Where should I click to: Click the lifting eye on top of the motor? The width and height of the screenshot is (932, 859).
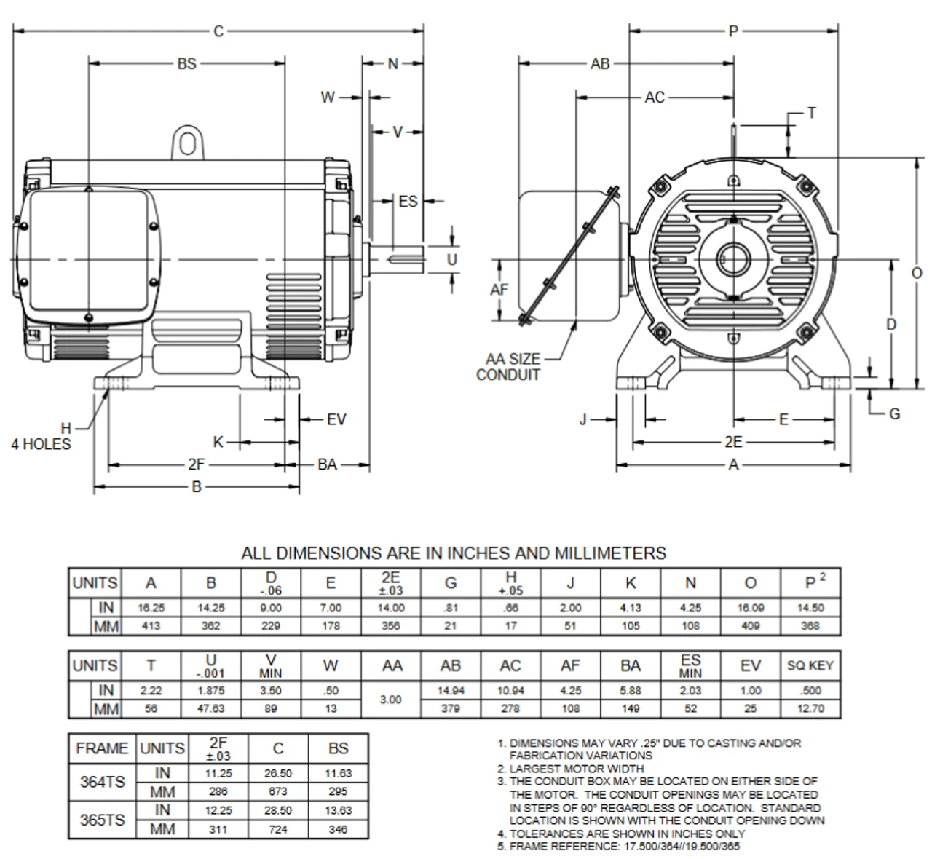coord(187,143)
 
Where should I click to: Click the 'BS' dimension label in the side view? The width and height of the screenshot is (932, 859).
coord(186,64)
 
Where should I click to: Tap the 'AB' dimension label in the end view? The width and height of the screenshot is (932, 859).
coord(600,64)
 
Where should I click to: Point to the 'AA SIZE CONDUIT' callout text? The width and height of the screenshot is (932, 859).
coord(513,367)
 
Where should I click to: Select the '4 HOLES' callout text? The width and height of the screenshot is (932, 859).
coord(41,444)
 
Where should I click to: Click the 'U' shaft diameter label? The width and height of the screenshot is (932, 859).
coord(452,259)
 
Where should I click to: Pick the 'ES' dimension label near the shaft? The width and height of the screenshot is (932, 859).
coord(408,201)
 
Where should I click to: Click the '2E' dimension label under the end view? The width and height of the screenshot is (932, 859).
coord(733,442)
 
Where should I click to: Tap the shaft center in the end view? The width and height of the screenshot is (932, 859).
coord(734,259)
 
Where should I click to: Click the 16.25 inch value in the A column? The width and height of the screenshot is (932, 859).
coord(151,608)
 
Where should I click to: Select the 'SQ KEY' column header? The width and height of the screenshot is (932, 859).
coord(810,665)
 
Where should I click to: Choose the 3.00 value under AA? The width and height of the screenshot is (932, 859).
coord(392,700)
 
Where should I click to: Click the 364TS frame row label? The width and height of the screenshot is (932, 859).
coord(102,782)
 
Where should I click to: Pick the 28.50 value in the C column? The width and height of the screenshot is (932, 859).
coord(278,810)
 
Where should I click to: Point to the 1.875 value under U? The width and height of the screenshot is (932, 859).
coord(211,690)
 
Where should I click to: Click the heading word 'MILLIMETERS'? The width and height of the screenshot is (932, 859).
coord(610,553)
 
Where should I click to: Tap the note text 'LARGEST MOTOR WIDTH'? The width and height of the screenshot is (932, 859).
coord(577,768)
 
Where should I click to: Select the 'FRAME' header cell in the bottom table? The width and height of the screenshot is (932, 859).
coord(102,748)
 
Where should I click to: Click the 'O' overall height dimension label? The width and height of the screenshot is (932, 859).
coord(917,272)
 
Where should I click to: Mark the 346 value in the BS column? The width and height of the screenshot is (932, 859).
coord(338,829)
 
